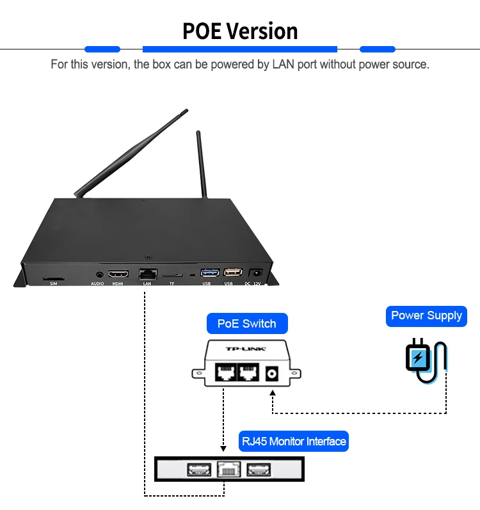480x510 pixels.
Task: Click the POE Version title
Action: pos(240,31)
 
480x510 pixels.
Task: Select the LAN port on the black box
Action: pos(147,273)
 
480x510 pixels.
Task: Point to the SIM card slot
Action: pos(53,279)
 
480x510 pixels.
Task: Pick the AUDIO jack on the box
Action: pos(97,274)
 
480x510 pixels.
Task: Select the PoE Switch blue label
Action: pos(246,323)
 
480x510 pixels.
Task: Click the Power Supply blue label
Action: pos(426,315)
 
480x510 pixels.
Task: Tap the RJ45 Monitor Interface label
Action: pos(294,442)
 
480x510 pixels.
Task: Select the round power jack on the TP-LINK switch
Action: pos(273,372)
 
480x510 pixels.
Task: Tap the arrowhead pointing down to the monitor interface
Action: pos(223,448)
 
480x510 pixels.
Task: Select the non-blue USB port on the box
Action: pos(232,273)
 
